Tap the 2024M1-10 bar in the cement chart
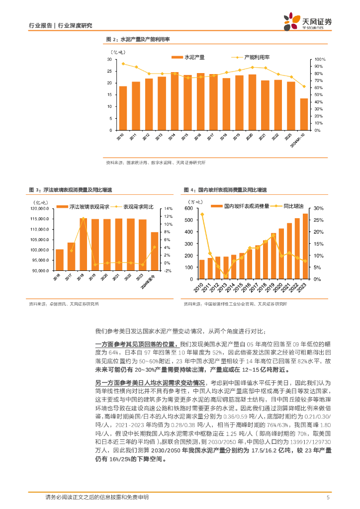tap(304, 114)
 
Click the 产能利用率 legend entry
tap(256, 58)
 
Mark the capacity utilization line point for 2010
tap(123, 64)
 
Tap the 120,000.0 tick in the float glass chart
tap(39, 208)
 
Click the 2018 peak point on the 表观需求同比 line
tap(83, 219)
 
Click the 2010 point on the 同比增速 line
tap(202, 214)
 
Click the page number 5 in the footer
tap(328, 497)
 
